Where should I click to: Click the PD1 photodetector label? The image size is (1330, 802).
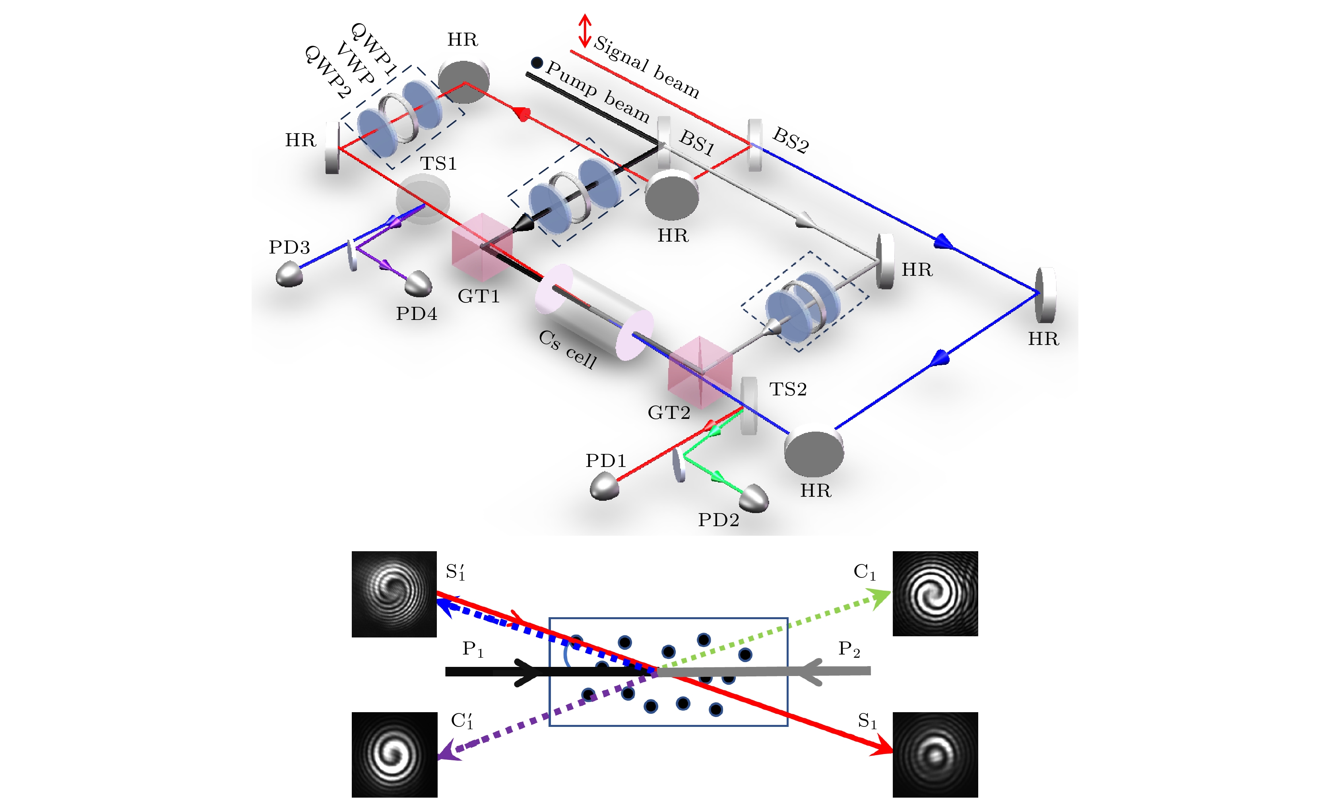pos(606,460)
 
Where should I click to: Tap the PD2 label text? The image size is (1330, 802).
pos(718,520)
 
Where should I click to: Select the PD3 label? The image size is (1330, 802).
pos(289,247)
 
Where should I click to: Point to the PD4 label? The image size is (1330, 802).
pos(416,314)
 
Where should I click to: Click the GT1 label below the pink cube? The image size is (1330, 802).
pos(478,296)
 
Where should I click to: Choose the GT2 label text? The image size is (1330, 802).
pos(669,413)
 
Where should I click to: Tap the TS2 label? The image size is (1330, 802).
pos(787,389)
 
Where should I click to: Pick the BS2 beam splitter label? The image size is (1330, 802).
pos(791,140)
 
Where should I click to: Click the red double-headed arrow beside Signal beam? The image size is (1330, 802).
pos(585,31)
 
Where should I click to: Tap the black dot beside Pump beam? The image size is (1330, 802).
pos(537,63)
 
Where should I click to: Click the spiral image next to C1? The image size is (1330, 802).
pos(935,594)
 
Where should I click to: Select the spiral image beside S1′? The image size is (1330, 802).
pos(394,594)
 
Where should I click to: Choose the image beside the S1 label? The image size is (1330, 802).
pos(935,754)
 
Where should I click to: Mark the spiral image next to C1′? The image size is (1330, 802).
pos(394,754)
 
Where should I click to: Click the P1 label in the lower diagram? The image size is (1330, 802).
pos(472,649)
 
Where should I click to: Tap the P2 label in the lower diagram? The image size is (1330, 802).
pos(849,649)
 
